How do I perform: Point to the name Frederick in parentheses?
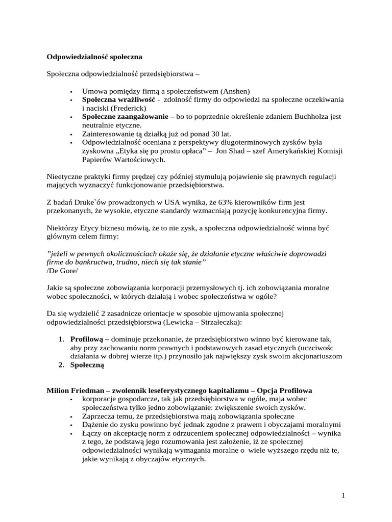[x=127, y=108]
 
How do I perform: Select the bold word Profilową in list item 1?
[x=89, y=339]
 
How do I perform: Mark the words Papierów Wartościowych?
[x=124, y=160]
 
